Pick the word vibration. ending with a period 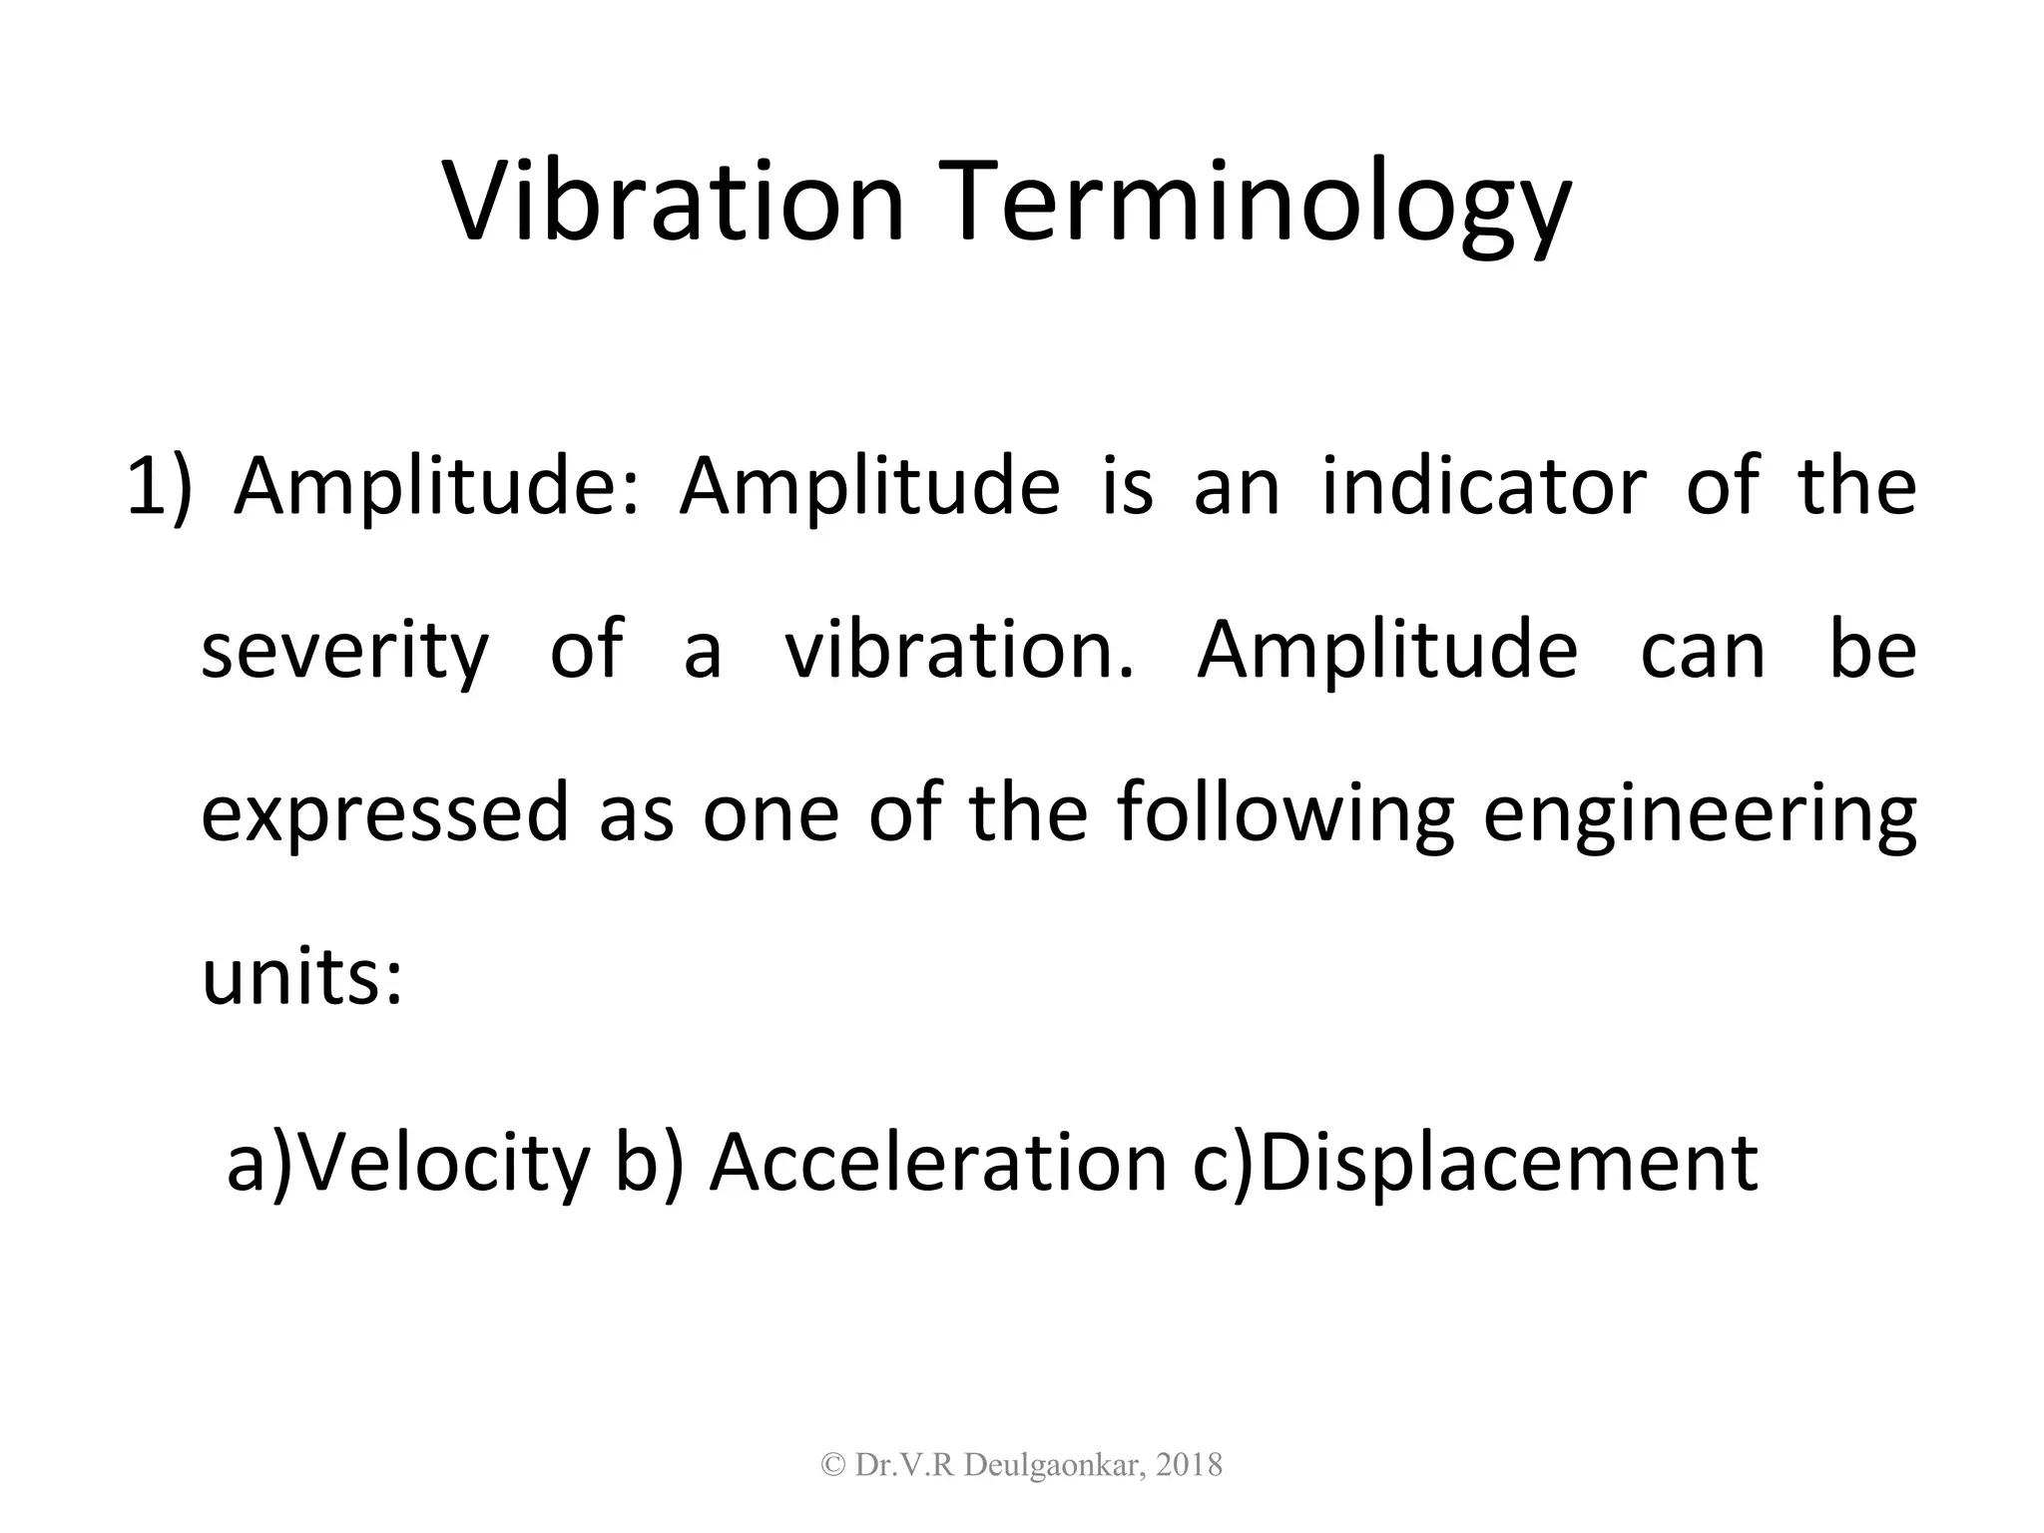[959, 649]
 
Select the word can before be [1703, 651]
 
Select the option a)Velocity [408, 1164]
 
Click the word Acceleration [937, 1162]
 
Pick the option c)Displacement [1475, 1164]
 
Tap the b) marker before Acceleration [650, 1162]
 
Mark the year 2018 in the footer [1191, 1465]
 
